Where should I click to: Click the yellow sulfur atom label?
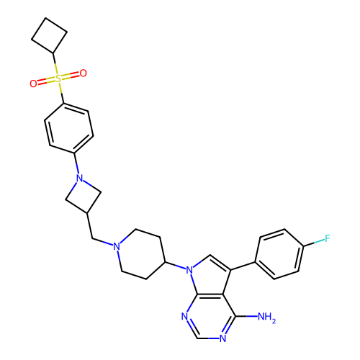coord(58,78)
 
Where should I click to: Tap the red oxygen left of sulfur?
coord(33,84)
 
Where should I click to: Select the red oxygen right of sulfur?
coord(83,73)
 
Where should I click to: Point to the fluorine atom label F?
coord(328,238)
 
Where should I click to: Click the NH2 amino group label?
coord(266,317)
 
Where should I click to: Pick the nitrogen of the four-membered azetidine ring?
coord(79,179)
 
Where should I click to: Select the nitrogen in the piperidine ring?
coord(117,246)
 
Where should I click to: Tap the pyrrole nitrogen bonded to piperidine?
coord(189,270)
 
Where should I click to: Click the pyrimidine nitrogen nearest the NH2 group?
coord(223,338)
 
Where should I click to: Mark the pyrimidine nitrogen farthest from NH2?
coord(184,317)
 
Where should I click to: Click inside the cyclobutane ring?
coord(49,35)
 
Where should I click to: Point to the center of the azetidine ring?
coord(84,196)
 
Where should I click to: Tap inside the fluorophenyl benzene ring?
coord(279,254)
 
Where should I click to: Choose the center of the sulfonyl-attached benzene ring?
coord(69,128)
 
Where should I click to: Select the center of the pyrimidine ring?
coord(210,316)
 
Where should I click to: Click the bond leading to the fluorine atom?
coord(314,243)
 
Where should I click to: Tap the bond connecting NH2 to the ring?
coord(247,316)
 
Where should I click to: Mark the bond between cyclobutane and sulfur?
coord(55,63)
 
